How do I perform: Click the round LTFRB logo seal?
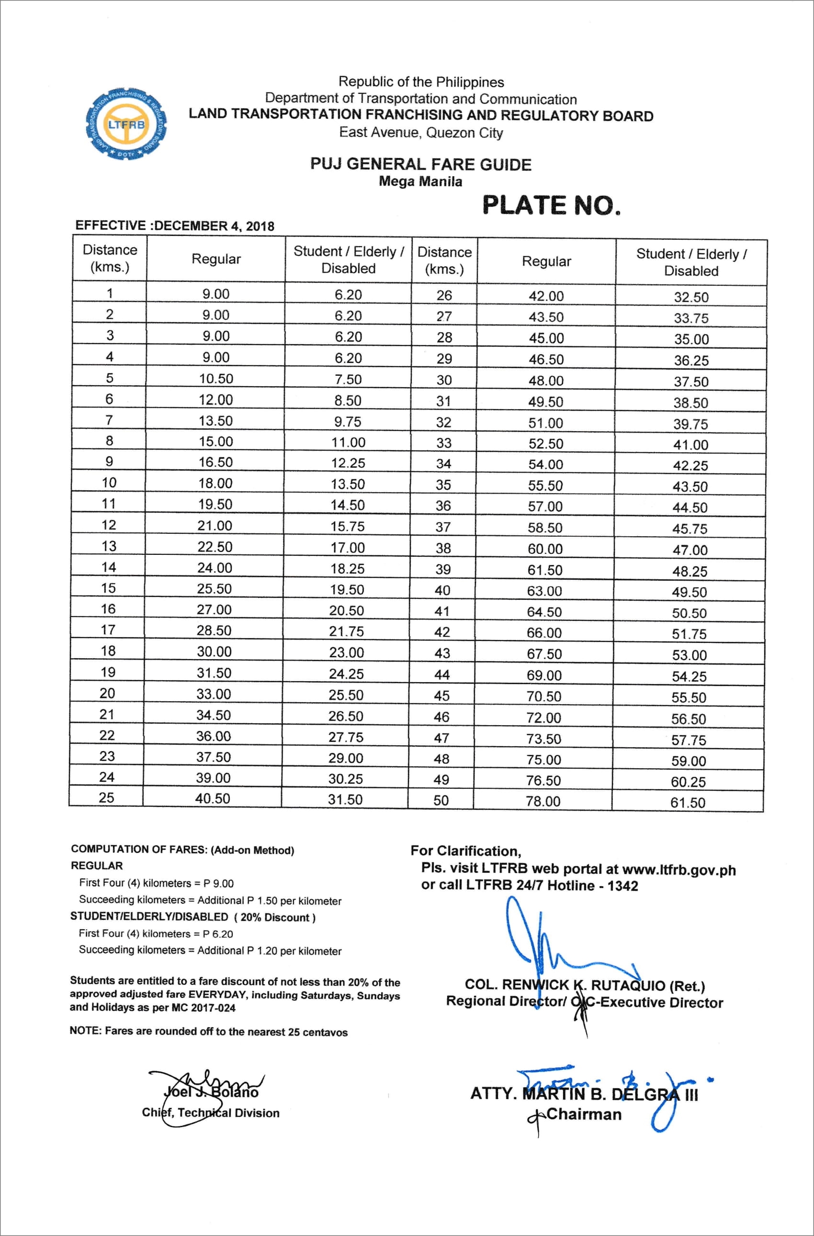pyautogui.click(x=126, y=124)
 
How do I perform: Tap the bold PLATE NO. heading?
pyautogui.click(x=551, y=205)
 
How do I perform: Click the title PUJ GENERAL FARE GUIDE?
pyautogui.click(x=421, y=165)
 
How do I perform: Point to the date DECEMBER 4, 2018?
pyautogui.click(x=214, y=226)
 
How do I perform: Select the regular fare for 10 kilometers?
pyautogui.click(x=215, y=483)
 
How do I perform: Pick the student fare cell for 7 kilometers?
pyautogui.click(x=348, y=422)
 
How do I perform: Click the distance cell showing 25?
pyautogui.click(x=106, y=798)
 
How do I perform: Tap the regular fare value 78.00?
pyautogui.click(x=543, y=801)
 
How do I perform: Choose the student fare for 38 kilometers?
pyautogui.click(x=690, y=550)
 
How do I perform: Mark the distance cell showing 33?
pyautogui.click(x=443, y=443)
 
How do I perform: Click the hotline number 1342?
pyautogui.click(x=622, y=886)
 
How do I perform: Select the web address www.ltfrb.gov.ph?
pyautogui.click(x=678, y=870)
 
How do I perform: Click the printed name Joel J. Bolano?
pyautogui.click(x=211, y=1093)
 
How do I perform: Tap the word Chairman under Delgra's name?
pyautogui.click(x=584, y=1114)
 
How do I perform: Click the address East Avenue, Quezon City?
pyautogui.click(x=421, y=133)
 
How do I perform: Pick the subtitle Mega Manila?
pyautogui.click(x=420, y=182)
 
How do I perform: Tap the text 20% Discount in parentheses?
pyautogui.click(x=275, y=918)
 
